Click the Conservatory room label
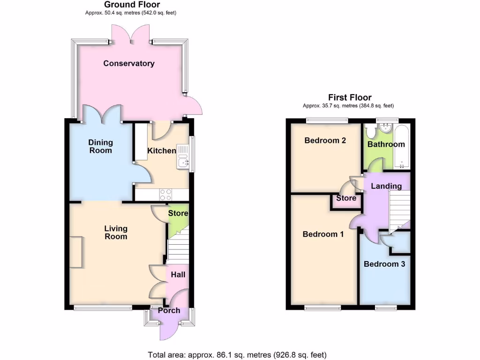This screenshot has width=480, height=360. (129, 63)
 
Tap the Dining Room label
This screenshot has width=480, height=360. (101, 146)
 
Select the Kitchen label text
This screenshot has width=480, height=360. (162, 150)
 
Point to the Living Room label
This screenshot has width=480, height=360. (116, 232)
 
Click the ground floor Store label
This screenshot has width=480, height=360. (178, 213)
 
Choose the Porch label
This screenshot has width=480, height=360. (169, 310)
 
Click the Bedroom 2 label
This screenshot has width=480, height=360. (325, 140)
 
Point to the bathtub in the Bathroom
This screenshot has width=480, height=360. (402, 147)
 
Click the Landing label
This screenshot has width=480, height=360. (386, 186)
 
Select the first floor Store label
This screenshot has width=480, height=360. (346, 198)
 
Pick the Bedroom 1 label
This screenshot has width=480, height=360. (323, 234)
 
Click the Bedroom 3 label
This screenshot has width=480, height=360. (384, 264)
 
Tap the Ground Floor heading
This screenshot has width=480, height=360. (132, 5)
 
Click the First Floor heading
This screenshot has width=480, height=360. (350, 97)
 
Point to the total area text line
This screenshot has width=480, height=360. (237, 355)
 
